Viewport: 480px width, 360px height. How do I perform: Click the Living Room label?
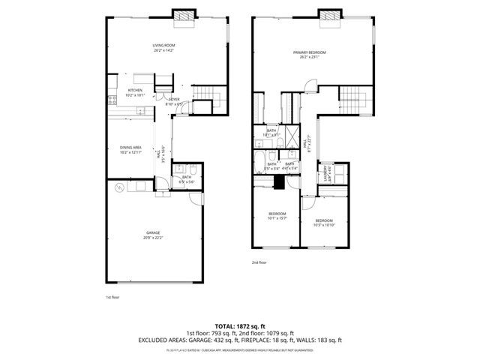pyautogui.click(x=163, y=48)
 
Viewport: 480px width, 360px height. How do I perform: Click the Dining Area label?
pyautogui.click(x=130, y=149)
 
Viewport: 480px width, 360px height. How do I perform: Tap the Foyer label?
pyautogui.click(x=173, y=101)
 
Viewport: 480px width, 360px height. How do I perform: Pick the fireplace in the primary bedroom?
pyautogui.click(x=327, y=16)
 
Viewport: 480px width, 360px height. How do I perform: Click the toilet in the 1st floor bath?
pyautogui.click(x=193, y=169)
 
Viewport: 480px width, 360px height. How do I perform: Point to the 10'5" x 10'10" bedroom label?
pyautogui.click(x=324, y=223)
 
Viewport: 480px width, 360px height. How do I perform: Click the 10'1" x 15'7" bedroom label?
pyautogui.click(x=277, y=216)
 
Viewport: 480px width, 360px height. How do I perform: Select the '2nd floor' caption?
pyautogui.click(x=260, y=263)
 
